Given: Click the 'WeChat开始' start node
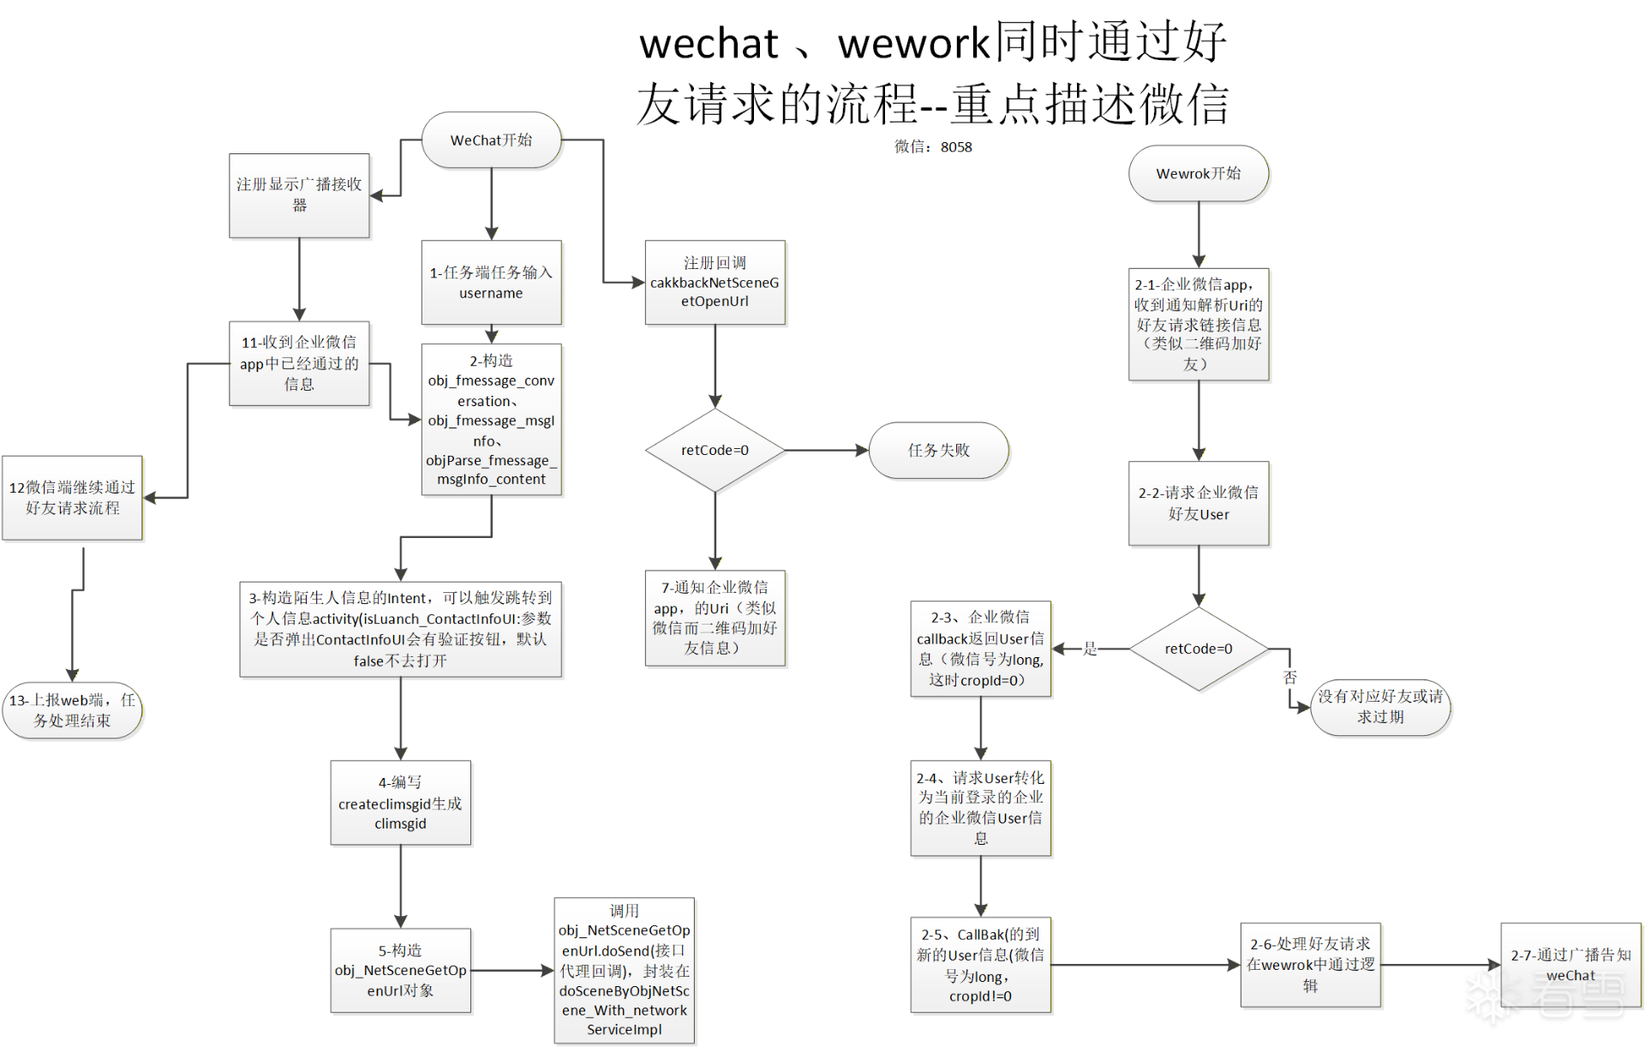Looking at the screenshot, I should (x=491, y=140).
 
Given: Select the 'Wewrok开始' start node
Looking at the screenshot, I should (x=1198, y=173).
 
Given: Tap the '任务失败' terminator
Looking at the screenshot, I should (x=938, y=450).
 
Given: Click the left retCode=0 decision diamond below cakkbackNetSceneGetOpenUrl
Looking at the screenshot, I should (x=715, y=450).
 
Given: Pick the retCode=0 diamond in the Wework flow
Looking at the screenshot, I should (x=1198, y=649).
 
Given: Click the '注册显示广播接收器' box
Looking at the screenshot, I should (x=299, y=195).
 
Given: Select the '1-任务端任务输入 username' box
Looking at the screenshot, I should (x=491, y=282).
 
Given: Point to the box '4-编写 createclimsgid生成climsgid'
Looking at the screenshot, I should (x=400, y=803).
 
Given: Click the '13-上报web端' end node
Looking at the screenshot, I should (x=72, y=710).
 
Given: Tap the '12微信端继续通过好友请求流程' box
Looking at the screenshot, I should (x=72, y=498).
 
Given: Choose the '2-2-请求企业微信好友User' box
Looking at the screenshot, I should (x=1198, y=503).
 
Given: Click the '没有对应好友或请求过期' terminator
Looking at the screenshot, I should (x=1379, y=707).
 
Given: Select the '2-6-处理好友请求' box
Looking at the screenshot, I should (x=1310, y=965).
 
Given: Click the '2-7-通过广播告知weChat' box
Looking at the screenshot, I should (x=1570, y=965).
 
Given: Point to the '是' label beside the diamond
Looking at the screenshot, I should (x=1090, y=649).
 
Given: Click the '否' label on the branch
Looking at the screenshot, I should (x=1290, y=677).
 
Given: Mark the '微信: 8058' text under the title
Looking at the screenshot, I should (x=933, y=147).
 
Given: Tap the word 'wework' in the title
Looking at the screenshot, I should (x=913, y=43).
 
